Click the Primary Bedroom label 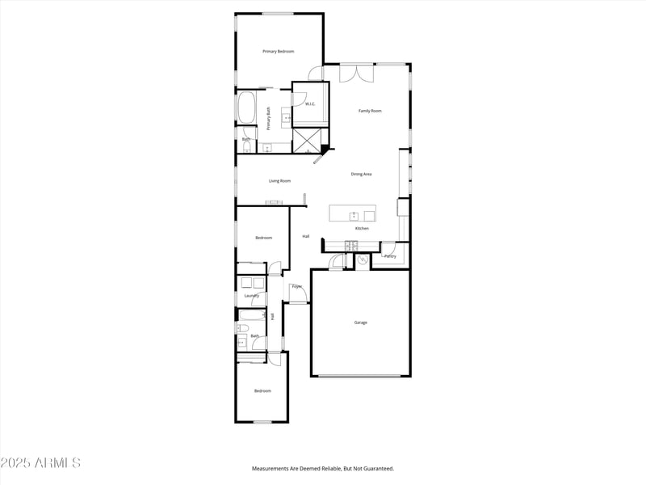[278, 52]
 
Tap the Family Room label [370, 111]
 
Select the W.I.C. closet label [310, 104]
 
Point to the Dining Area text [361, 174]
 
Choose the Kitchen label [362, 229]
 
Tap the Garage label [360, 323]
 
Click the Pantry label [390, 256]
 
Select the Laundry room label [252, 296]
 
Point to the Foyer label [296, 286]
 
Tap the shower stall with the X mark [307, 140]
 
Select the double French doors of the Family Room [356, 73]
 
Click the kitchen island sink [354, 215]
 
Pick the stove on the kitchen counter [351, 245]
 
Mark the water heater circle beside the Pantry [363, 259]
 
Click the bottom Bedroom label [262, 391]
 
